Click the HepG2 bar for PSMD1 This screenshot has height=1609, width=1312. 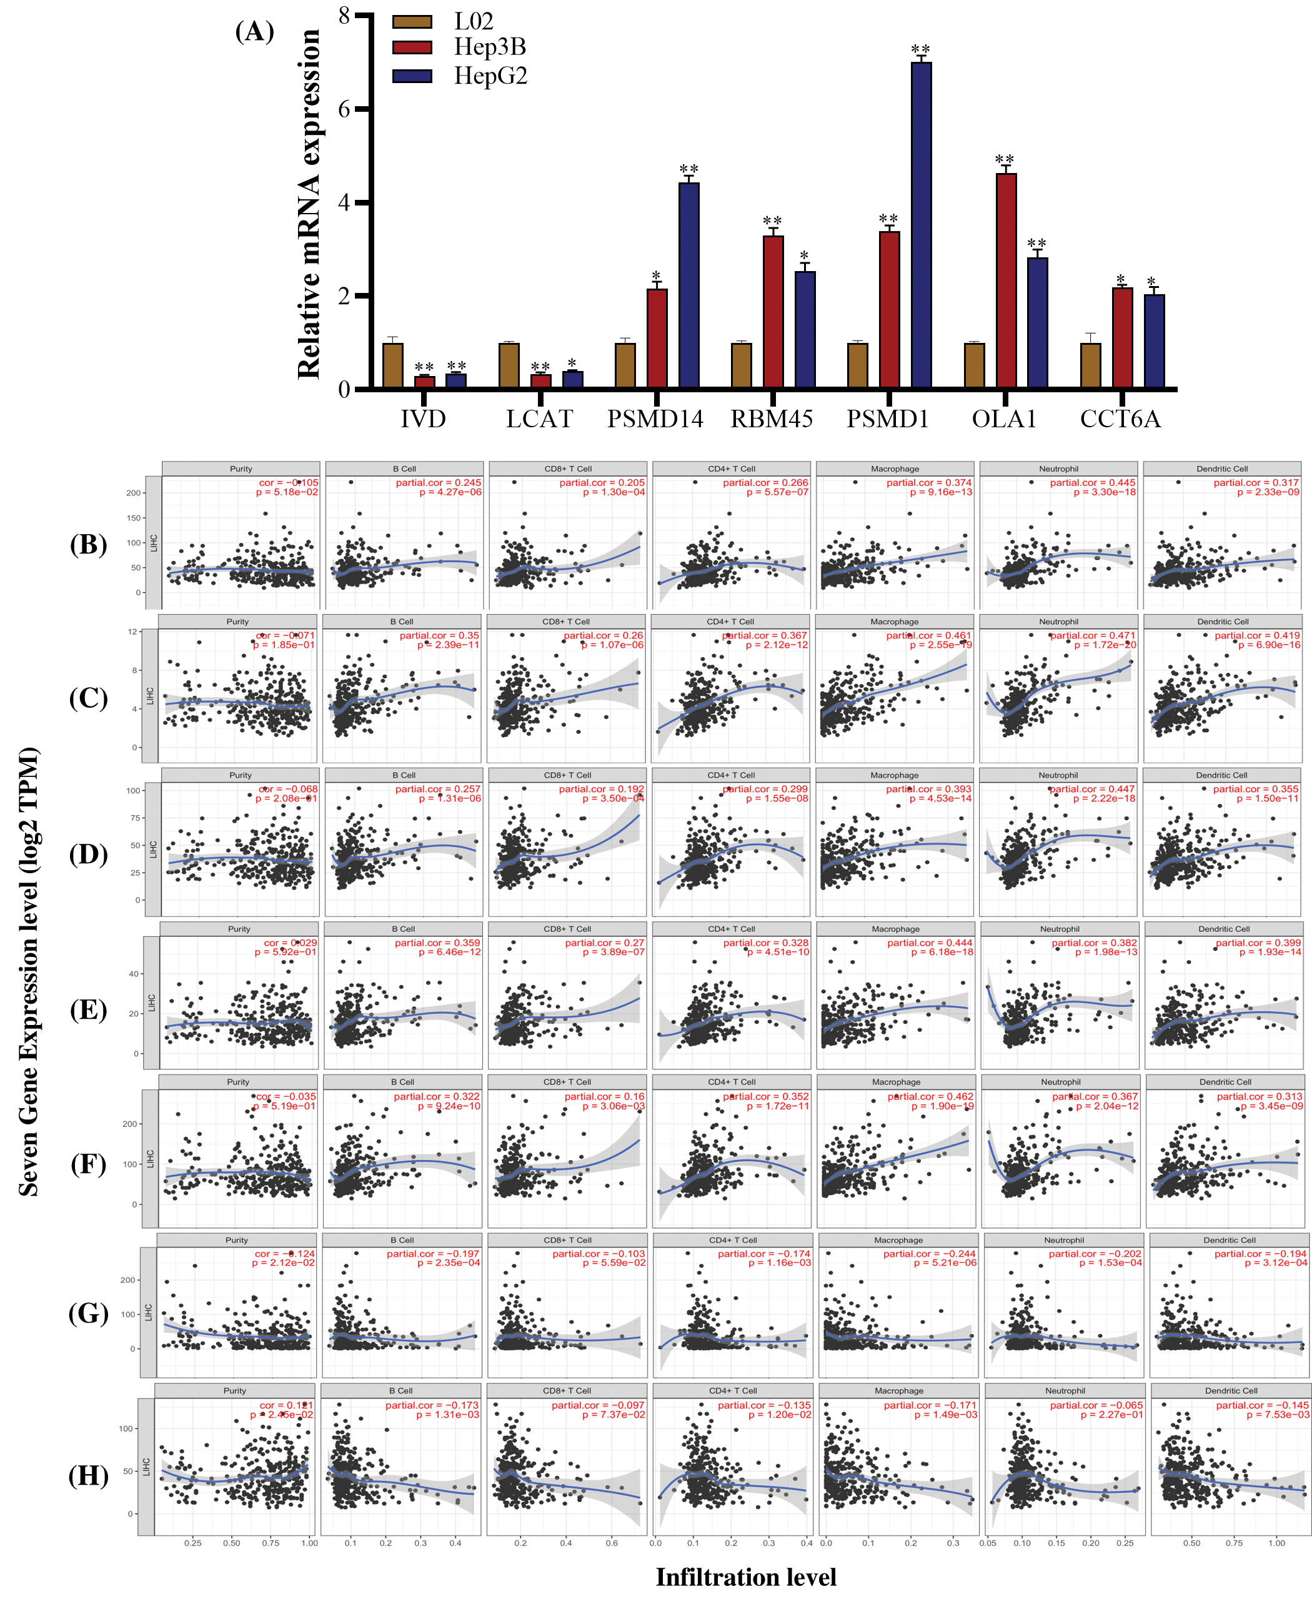[x=920, y=227]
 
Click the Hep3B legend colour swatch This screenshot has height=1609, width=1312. [x=412, y=47]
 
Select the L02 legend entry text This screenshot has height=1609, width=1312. [x=473, y=21]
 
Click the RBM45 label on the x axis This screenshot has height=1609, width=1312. [x=771, y=418]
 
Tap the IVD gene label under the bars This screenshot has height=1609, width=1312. [x=422, y=418]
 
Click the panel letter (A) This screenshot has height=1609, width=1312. [x=255, y=32]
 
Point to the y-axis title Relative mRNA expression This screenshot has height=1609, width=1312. [x=309, y=204]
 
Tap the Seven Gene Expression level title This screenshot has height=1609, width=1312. [x=29, y=971]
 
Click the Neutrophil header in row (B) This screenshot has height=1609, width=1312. [x=1058, y=468]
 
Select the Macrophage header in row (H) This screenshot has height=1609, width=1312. [x=898, y=1390]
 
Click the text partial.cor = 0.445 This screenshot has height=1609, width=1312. [x=1093, y=482]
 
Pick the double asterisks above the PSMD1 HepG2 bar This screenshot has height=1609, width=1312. [x=920, y=50]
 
